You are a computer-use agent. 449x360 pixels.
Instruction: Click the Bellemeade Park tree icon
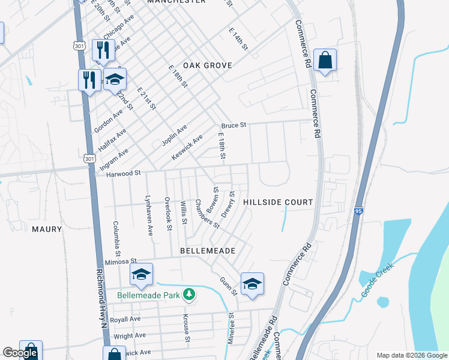(x=190, y=293)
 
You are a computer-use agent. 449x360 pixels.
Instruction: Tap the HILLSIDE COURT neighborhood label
(x=279, y=203)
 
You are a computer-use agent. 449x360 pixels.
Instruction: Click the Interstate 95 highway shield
(x=358, y=211)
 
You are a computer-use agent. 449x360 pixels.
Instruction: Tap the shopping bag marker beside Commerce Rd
(x=325, y=60)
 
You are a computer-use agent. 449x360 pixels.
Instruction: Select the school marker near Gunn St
(x=252, y=284)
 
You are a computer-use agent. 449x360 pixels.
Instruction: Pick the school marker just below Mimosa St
(x=141, y=275)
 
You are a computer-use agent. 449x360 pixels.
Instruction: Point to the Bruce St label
(x=234, y=125)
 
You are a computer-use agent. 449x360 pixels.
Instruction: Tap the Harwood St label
(x=123, y=173)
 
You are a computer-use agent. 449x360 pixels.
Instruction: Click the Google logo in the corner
(x=20, y=353)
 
